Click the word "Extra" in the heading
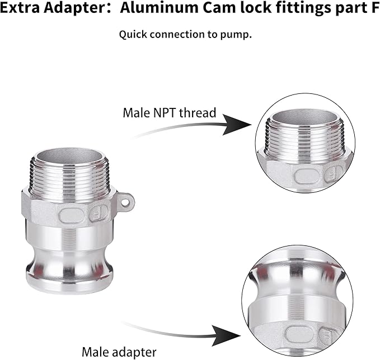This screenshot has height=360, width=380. (x=20, y=8)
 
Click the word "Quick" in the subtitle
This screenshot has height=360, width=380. (x=133, y=34)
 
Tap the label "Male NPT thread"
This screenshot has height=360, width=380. (x=170, y=113)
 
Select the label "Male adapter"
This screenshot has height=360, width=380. (x=119, y=352)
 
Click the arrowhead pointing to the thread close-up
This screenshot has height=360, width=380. (x=236, y=125)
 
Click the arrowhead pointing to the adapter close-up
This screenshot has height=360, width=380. (x=226, y=336)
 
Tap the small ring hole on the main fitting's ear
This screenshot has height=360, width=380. (x=125, y=202)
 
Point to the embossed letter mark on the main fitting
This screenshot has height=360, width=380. (x=98, y=214)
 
